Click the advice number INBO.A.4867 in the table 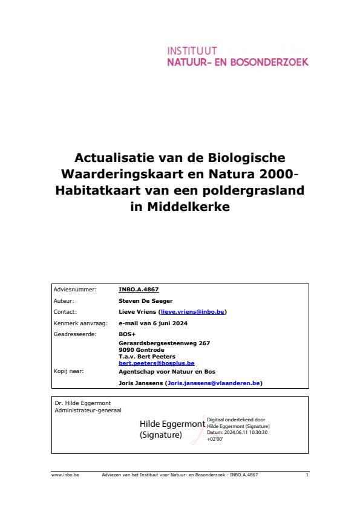tap(139, 290)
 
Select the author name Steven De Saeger tap(145, 300)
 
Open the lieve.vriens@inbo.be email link tap(192, 312)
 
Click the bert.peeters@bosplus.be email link tap(156, 363)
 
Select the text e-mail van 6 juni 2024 tap(153, 323)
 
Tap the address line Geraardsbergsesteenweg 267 tap(164, 343)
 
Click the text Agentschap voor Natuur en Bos tap(166, 371)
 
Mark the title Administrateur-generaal tap(88, 410)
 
